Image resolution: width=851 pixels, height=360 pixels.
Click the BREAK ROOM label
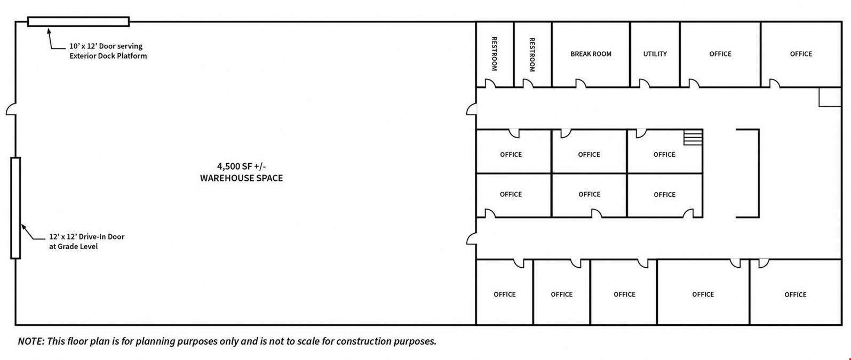point(591,54)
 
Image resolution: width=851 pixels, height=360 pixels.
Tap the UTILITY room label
point(655,54)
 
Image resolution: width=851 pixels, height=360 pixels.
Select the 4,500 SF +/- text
point(241,166)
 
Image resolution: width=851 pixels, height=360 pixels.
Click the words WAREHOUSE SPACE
point(241,178)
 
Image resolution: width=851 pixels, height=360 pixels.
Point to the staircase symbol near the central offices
point(693,137)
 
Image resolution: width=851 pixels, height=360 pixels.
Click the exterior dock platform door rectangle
point(78,22)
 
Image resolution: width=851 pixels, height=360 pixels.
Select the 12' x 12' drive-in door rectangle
point(15,208)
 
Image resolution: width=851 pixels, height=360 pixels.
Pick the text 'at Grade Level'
point(73,246)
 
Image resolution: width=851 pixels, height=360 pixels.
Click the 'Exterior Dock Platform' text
point(108,56)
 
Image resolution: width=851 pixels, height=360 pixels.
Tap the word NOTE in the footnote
point(30,341)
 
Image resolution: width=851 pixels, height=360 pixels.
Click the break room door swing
point(580,83)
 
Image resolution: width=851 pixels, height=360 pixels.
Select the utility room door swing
point(644,83)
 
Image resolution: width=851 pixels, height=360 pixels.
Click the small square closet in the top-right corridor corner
point(830,97)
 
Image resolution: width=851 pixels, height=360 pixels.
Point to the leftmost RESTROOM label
point(494,54)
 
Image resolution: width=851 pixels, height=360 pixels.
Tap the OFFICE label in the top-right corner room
point(801,54)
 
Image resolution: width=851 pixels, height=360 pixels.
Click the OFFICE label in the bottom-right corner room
point(795,295)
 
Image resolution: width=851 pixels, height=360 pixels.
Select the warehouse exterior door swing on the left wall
point(11,109)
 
